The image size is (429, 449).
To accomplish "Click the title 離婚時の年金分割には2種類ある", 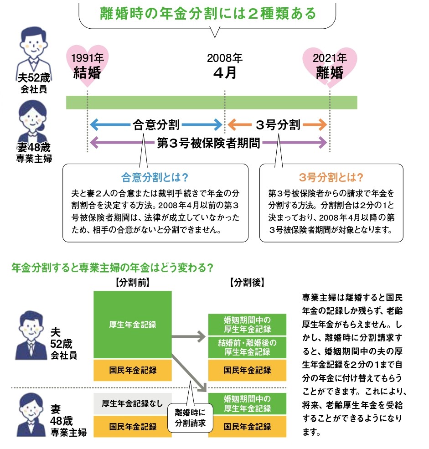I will point(207,13).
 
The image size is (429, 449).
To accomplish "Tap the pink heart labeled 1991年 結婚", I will point(87,65).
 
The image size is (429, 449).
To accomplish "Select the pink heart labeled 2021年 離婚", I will point(330,65).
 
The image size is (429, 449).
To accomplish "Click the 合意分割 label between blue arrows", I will point(156,124).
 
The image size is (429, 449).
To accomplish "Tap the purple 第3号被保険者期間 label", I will point(208,143).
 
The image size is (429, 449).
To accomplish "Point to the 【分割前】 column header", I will point(132,282).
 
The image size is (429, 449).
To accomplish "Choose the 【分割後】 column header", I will point(247,282).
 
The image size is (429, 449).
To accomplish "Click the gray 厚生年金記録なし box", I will point(132,403).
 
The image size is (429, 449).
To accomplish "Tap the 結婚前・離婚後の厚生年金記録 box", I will point(247,347).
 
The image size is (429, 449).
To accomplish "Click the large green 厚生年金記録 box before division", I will point(132,325).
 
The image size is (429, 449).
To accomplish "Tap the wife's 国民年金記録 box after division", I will point(247,427).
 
